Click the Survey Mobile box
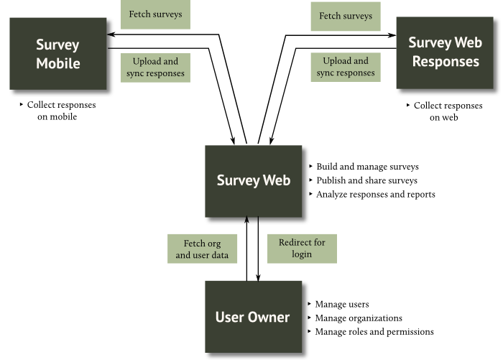tap(57, 54)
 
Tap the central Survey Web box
tap(254, 180)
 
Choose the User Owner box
tap(253, 317)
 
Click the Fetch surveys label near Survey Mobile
tap(155, 14)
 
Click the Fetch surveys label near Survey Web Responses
tap(346, 16)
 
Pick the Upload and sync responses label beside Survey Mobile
tap(155, 68)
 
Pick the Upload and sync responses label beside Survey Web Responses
tap(346, 68)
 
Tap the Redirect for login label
tap(302, 249)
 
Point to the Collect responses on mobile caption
tap(60, 111)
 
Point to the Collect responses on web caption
tap(446, 111)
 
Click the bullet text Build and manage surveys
tap(367, 167)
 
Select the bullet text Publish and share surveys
tap(366, 180)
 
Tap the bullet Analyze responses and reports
tap(375, 194)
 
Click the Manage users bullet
tap(342, 305)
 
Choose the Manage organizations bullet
tap(358, 318)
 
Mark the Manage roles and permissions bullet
tap(374, 332)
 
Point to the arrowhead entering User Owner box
tap(258, 276)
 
